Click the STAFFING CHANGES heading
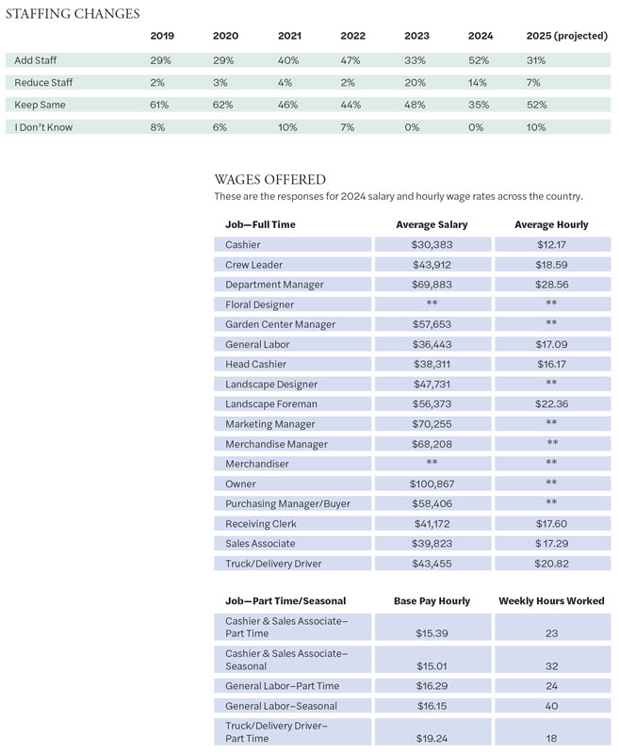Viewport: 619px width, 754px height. coord(73,14)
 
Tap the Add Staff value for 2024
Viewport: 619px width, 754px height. coord(481,60)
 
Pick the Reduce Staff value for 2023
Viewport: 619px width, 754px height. coord(415,83)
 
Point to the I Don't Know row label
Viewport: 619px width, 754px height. coord(43,127)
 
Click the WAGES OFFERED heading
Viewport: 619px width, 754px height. coord(270,179)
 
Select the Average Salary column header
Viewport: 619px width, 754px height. coord(432,224)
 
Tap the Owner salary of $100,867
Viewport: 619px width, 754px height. coord(432,484)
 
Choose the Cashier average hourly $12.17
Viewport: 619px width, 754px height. coord(551,245)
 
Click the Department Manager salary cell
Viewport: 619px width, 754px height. coord(432,285)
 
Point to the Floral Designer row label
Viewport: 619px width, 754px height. coord(259,304)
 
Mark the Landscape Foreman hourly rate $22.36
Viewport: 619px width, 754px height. coord(551,404)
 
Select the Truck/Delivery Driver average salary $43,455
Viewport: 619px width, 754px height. coord(432,563)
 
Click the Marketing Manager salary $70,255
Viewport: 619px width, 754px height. coord(432,424)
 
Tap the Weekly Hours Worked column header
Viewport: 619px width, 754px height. coord(551,600)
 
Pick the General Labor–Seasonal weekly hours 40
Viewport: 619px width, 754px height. coord(551,706)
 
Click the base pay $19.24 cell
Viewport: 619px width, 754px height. coord(432,739)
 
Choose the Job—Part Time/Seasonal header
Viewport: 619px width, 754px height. coord(285,600)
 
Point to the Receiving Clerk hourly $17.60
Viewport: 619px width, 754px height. coord(551,523)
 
